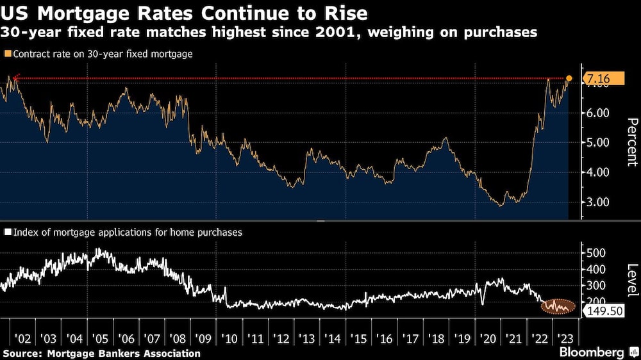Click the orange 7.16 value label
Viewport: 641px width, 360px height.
coord(604,78)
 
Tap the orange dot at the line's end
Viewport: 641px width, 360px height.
coord(569,78)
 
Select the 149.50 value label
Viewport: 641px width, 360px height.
coord(604,311)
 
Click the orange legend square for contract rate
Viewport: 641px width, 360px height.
coord(8,54)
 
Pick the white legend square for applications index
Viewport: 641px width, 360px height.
coord(8,232)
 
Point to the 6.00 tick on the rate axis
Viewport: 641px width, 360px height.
coord(597,113)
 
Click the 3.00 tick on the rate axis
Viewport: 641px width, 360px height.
coord(597,202)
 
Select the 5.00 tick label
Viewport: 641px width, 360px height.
coord(597,143)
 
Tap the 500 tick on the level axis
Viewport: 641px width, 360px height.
coord(596,253)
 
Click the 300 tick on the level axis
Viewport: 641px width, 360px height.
coord(596,285)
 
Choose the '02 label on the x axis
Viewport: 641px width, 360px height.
coord(22,339)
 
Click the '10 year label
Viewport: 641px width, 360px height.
coord(229,339)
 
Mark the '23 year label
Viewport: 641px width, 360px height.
coord(565,339)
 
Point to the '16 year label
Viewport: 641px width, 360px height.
coord(384,339)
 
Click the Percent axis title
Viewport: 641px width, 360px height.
coord(633,142)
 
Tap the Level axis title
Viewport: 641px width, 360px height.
coord(633,280)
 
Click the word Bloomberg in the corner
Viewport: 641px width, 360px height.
coord(592,352)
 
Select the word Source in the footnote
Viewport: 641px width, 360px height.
coord(22,354)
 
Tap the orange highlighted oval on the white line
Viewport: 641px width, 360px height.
coord(558,306)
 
